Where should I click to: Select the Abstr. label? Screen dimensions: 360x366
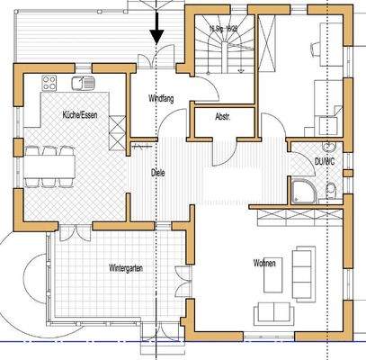tap(224, 117)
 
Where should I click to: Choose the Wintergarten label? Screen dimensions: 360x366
tap(126, 267)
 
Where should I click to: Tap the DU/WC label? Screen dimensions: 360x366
tap(325, 161)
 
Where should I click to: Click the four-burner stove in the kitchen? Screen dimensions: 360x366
tap(49, 83)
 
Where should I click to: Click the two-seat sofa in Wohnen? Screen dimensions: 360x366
tap(273, 313)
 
